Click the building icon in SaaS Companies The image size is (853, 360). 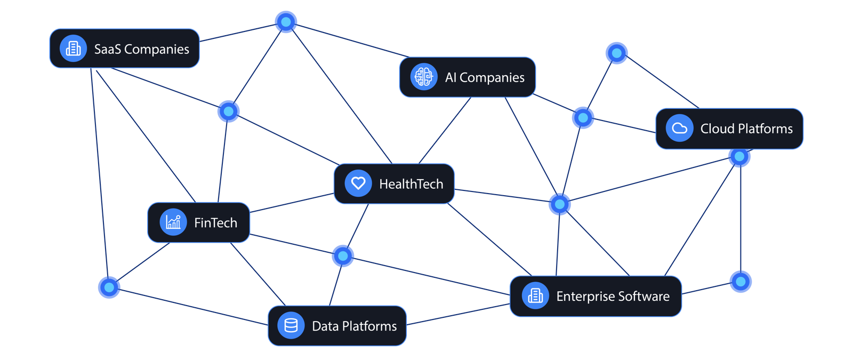pyautogui.click(x=73, y=49)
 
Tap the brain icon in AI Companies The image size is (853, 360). pyautogui.click(x=423, y=77)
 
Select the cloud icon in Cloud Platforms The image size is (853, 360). pyautogui.click(x=679, y=128)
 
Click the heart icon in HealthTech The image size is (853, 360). pyautogui.click(x=358, y=183)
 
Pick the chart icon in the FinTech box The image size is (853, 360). pyautogui.click(x=173, y=222)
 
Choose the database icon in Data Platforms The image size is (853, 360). pyautogui.click(x=291, y=325)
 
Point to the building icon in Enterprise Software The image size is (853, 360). pyautogui.click(x=535, y=295)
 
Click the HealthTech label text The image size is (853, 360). pyautogui.click(x=411, y=184)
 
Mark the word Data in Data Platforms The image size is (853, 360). pyautogui.click(x=325, y=326)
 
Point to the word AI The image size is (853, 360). pyautogui.click(x=450, y=77)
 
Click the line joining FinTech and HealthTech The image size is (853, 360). pyautogui.click(x=292, y=203)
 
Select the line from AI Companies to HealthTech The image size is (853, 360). pyautogui.click(x=445, y=130)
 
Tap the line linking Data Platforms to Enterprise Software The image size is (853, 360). pyautogui.click(x=458, y=314)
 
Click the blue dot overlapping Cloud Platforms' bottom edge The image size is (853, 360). pyautogui.click(x=739, y=157)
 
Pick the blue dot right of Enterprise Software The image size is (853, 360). pyautogui.click(x=741, y=282)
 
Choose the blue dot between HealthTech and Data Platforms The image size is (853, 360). pyautogui.click(x=343, y=256)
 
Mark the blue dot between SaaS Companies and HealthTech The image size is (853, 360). pyautogui.click(x=229, y=111)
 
